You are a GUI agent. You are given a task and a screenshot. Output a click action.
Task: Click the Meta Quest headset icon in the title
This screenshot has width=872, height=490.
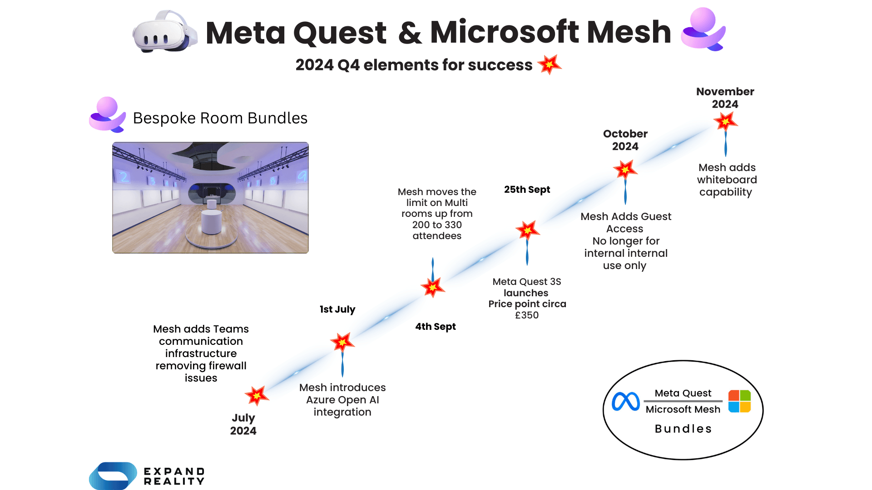pos(164,32)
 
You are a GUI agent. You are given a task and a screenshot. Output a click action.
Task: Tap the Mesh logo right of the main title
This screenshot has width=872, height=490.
pos(703,29)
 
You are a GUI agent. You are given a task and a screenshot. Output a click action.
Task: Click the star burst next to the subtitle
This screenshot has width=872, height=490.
pos(550,64)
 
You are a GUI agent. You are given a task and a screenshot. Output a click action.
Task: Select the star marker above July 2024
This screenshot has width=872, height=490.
pos(257,396)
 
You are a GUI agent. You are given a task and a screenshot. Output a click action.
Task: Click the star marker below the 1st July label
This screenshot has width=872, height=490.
pos(342,342)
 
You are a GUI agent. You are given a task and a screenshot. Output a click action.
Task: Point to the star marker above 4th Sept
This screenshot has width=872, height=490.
pos(432,287)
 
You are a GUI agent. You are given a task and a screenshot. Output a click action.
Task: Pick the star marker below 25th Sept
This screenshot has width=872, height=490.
pos(527,230)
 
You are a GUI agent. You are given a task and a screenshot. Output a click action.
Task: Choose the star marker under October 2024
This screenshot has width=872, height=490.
pos(625,170)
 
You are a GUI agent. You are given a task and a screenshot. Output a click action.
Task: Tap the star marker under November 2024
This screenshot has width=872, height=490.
pos(725,121)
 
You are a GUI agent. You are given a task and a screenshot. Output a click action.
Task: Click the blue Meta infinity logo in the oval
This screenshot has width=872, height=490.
pos(625,402)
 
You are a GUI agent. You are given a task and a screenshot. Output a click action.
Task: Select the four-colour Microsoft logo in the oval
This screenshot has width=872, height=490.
pos(739,401)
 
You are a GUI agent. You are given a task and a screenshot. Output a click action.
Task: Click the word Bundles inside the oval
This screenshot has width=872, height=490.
pos(683,429)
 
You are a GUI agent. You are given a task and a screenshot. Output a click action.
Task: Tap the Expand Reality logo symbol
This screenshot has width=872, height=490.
pos(113,475)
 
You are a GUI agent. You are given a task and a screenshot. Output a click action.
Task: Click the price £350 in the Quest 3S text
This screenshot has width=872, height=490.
pos(527,315)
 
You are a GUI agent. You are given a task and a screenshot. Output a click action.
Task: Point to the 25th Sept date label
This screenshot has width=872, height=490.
pos(527,190)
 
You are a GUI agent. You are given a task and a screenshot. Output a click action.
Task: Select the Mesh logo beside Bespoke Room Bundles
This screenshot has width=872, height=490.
pos(107,115)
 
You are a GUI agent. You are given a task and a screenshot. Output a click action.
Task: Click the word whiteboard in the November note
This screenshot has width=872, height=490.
pos(727,180)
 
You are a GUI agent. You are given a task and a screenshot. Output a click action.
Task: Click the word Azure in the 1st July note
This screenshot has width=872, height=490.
pos(320,400)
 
